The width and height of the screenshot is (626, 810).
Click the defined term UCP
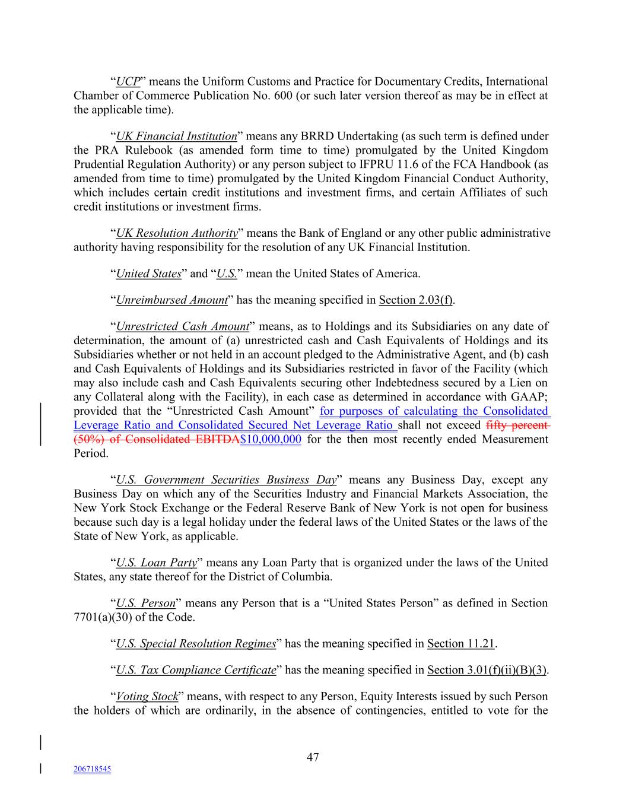click(x=128, y=81)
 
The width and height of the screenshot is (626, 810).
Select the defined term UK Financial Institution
click(x=176, y=136)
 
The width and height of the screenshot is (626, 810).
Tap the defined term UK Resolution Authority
click(x=177, y=233)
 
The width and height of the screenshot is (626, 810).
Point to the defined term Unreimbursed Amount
click(x=171, y=300)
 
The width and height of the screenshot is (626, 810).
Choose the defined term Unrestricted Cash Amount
click(x=183, y=326)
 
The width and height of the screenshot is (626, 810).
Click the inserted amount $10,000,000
click(x=271, y=440)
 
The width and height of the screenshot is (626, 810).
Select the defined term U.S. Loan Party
click(x=157, y=563)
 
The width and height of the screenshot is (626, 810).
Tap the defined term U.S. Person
click(x=146, y=603)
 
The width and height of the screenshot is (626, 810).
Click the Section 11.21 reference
click(x=461, y=644)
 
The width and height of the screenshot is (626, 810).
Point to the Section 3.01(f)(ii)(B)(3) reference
click(x=487, y=670)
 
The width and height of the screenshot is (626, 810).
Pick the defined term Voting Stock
click(x=147, y=697)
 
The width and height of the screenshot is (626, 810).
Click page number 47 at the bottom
click(x=313, y=757)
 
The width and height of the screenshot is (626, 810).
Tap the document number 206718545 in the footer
click(x=92, y=769)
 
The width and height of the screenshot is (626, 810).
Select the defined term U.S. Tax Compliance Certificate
click(x=196, y=670)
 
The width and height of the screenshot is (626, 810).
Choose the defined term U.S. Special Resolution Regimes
click(x=196, y=644)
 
